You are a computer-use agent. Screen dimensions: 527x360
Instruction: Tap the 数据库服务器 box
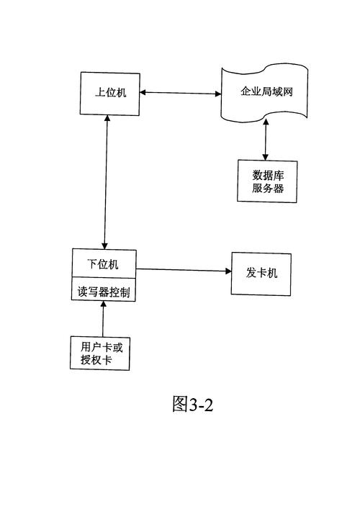(266, 181)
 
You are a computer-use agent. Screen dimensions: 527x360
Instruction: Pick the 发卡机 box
(261, 274)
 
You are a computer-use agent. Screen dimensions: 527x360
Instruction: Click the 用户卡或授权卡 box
(100, 353)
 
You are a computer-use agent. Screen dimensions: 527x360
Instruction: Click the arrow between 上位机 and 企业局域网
(179, 93)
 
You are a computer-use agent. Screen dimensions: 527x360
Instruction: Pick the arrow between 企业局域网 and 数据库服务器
(266, 141)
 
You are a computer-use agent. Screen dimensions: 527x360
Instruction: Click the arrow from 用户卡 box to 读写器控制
(103, 318)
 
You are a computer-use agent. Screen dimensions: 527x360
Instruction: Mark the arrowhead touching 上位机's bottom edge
(107, 119)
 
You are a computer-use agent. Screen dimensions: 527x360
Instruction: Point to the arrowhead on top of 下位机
(105, 245)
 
